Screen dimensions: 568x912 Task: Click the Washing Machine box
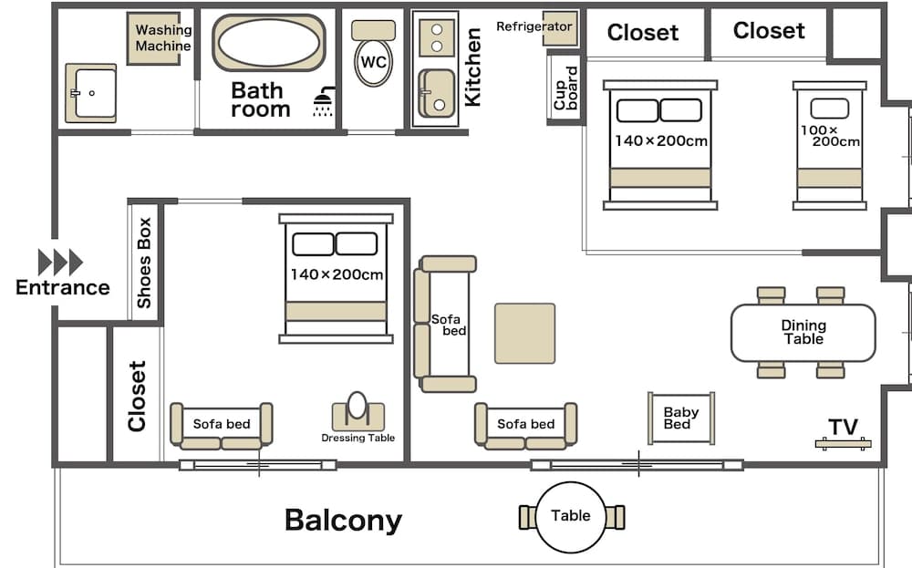pos(163,38)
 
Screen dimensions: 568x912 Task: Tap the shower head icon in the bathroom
pos(324,101)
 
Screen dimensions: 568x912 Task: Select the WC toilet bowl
pos(373,63)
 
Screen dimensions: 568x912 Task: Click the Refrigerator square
pos(558,28)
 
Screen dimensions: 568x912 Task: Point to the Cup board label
pos(565,88)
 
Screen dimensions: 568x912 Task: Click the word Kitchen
pos(472,67)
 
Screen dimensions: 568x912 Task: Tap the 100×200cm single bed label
pos(830,136)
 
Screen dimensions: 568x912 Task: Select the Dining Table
pos(803,332)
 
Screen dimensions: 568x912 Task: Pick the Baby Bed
pos(680,418)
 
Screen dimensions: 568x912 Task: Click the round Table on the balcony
pos(571,516)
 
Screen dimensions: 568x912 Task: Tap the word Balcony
pos(343,520)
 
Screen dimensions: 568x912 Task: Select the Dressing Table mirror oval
pos(358,406)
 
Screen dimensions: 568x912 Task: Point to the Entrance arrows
pos(60,262)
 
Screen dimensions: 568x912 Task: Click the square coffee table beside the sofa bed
pos(524,333)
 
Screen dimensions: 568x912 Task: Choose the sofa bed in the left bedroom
pos(222,425)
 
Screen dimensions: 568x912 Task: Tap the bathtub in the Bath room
pos(268,42)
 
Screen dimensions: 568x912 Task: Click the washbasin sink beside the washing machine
pos(94,93)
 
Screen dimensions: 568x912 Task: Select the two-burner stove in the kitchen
pos(437,36)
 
